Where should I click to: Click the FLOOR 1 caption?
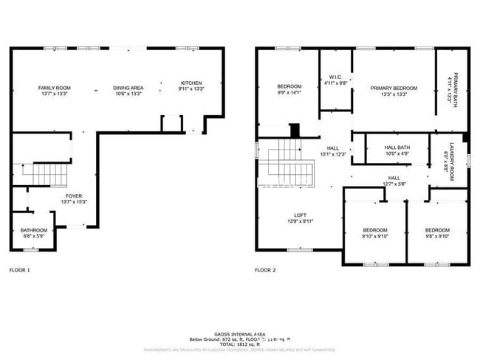(19, 271)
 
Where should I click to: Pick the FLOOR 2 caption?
(265, 271)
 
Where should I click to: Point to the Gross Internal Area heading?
(240, 334)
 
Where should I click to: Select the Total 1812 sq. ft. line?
(240, 345)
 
